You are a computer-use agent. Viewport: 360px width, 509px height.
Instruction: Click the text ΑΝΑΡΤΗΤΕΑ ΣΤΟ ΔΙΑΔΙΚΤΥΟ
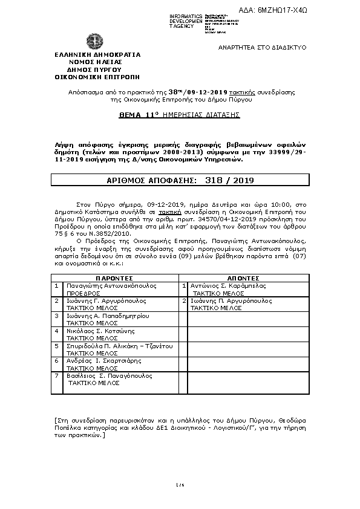point(262,47)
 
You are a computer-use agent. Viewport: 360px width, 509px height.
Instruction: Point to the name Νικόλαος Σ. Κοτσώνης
point(100,331)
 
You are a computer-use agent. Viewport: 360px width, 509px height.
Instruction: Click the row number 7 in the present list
point(57,376)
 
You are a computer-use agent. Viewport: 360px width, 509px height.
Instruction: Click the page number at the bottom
point(179,485)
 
